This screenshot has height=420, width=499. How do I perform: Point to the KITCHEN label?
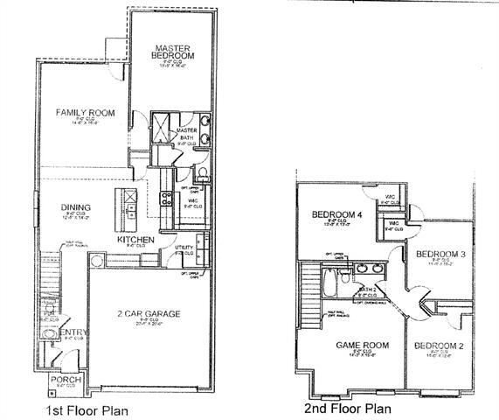[x=136, y=239]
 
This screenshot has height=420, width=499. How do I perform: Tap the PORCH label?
[x=66, y=380]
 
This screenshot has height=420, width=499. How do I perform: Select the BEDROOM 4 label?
[x=336, y=214]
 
